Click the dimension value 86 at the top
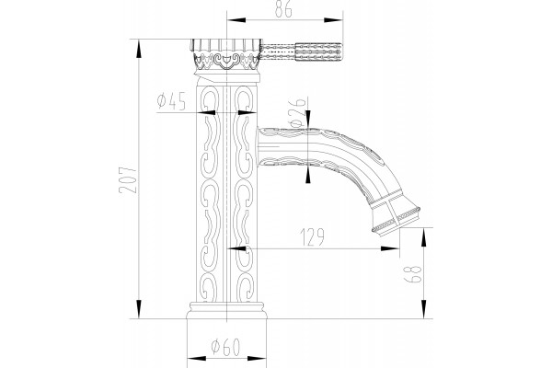(x=283, y=9)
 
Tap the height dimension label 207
(x=128, y=180)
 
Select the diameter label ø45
(x=171, y=101)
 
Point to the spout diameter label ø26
(x=297, y=112)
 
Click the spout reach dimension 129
(x=313, y=237)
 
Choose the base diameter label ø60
(x=225, y=347)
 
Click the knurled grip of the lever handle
(x=318, y=52)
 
